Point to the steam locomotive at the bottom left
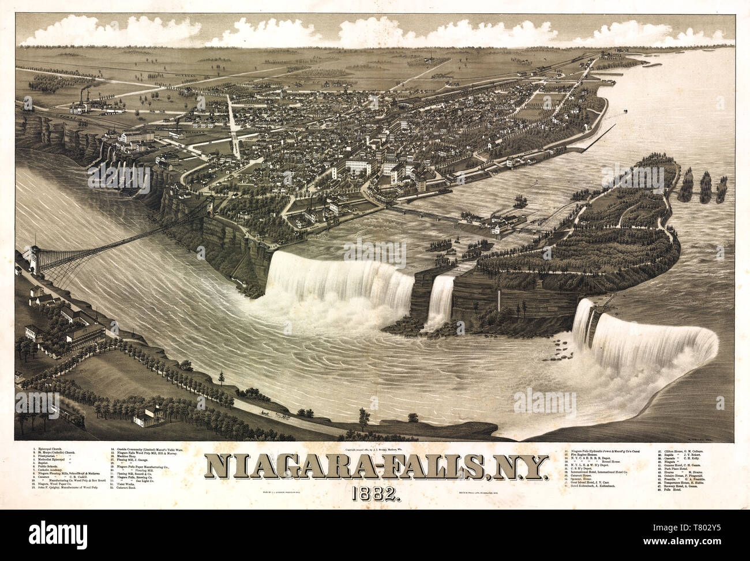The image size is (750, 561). (75, 420)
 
